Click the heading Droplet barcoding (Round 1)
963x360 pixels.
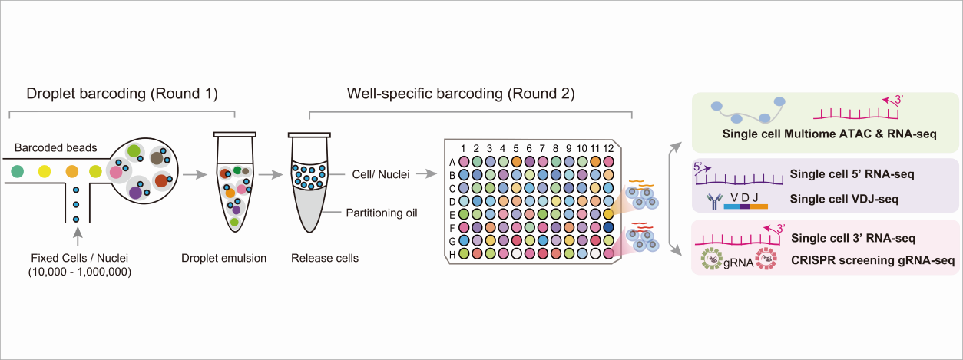[122, 94]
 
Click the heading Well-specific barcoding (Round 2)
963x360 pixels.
[461, 94]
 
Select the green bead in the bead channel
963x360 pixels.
[18, 170]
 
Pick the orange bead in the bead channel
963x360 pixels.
[71, 170]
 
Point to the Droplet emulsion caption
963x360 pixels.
[224, 258]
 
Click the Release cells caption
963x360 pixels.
[325, 258]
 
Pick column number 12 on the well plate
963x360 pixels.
[608, 147]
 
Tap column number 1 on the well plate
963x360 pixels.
[463, 147]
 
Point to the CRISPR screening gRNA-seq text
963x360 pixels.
[873, 261]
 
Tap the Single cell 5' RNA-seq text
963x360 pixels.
[852, 174]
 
